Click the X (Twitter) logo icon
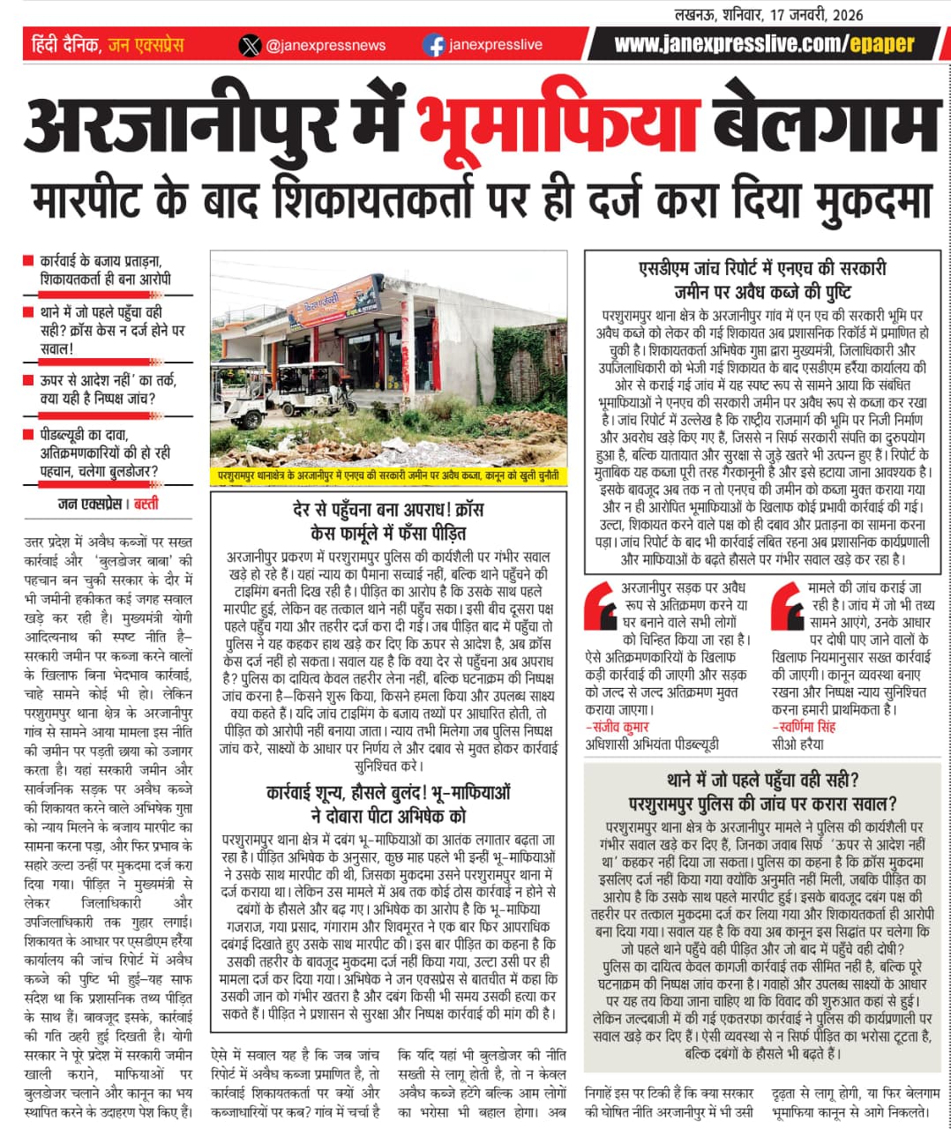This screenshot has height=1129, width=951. pos(251,45)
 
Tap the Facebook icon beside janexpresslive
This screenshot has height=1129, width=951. pos(434,45)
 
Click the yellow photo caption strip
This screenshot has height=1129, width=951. pos(388,475)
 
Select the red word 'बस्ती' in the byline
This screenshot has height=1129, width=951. pos(146,505)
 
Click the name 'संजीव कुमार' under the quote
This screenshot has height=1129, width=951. pos(618,727)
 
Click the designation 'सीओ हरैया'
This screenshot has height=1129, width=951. pos(797,744)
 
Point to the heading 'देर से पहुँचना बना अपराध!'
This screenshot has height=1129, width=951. pos(387,510)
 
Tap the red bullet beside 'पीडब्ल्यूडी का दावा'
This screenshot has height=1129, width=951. pos(29,435)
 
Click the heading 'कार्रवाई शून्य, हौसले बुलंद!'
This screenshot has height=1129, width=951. pos(388,793)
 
